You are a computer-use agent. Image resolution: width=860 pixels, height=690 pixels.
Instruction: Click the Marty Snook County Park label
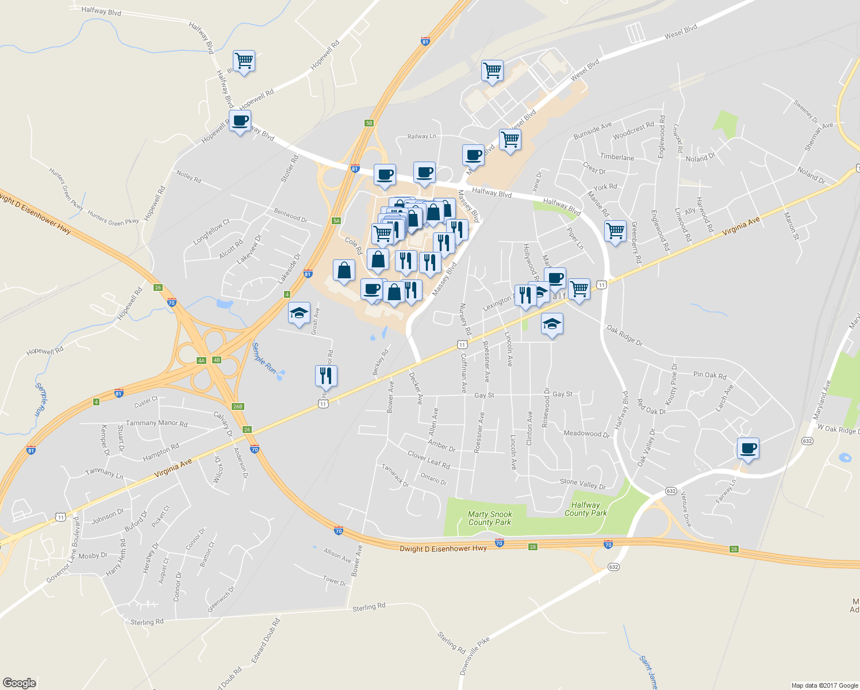[x=490, y=518]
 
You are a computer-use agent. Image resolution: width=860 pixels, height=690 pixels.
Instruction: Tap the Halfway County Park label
[x=585, y=509]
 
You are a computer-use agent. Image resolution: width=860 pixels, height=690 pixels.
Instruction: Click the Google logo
[x=19, y=683]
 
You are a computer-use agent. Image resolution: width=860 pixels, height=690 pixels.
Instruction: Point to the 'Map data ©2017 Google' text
[x=824, y=685]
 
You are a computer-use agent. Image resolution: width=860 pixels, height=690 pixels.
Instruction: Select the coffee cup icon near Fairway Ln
[x=748, y=448]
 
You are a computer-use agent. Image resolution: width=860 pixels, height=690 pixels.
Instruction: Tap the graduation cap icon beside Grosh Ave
[x=299, y=313]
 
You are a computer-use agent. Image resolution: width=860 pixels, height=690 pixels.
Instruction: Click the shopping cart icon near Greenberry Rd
[x=615, y=231]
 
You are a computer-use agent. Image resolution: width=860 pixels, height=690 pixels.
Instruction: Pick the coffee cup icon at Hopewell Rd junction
[x=240, y=121]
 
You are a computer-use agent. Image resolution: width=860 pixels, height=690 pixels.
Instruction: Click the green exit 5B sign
[x=369, y=122]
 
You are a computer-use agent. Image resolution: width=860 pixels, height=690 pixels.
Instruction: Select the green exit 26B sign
[x=238, y=407]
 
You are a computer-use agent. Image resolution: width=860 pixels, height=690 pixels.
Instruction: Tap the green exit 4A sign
[x=201, y=361]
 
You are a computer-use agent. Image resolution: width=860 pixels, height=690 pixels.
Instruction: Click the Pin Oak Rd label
[x=709, y=375]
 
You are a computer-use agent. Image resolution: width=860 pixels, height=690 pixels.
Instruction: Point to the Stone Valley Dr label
[x=582, y=484]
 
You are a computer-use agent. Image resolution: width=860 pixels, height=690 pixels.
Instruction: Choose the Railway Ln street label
[x=421, y=136]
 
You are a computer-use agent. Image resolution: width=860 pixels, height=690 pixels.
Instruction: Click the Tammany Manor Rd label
[x=156, y=423]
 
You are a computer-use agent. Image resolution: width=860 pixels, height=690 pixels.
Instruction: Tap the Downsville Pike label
[x=475, y=656]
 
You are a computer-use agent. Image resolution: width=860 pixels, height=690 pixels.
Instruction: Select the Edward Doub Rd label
[x=266, y=640]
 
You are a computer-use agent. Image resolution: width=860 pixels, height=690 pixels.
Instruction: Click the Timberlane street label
[x=617, y=157]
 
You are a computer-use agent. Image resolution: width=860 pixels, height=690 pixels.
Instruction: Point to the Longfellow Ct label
[x=211, y=232]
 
